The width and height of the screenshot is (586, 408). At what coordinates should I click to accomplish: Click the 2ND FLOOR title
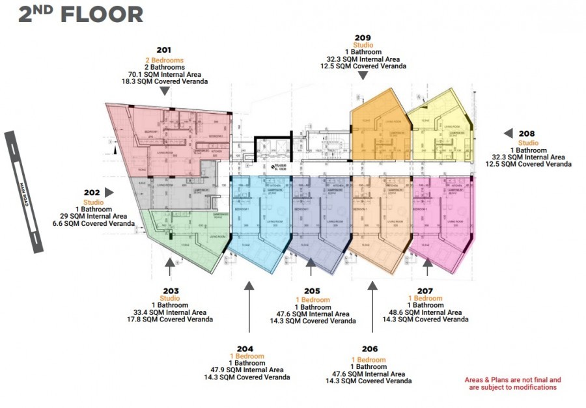coord(81,14)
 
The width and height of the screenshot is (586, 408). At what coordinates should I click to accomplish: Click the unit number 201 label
coord(164,49)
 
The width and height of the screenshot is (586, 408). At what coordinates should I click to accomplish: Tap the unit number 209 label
coord(363,37)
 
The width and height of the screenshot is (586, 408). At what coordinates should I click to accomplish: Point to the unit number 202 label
coord(92,193)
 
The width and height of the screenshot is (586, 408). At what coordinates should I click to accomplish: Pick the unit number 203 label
coord(169,290)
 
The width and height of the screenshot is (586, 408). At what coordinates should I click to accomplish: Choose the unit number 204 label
coord(246,348)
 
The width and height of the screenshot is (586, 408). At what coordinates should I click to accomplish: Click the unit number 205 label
coord(312,291)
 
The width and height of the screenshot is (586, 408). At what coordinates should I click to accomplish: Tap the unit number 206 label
coord(369,349)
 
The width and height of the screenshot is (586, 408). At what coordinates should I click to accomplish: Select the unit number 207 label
coord(425,290)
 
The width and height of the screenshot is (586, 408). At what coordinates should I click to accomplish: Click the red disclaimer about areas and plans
coord(512,383)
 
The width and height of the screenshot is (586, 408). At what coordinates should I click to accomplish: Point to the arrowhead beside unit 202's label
coord(109,193)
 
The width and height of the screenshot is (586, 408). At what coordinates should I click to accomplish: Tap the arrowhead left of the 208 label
coord(508,133)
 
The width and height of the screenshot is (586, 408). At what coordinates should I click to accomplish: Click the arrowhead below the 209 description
coord(363,75)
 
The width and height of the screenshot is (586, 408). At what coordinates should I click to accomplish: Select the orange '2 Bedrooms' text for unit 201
coord(164,60)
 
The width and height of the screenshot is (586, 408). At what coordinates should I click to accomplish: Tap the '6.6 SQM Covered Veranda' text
coord(100,223)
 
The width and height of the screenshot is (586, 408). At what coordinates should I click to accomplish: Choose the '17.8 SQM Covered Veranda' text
coord(169,320)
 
